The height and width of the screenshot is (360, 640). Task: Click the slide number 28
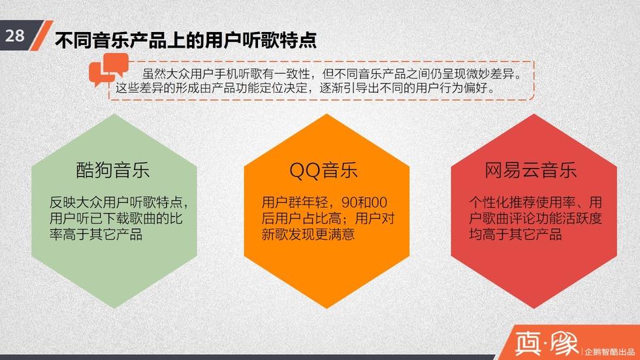pos(14,35)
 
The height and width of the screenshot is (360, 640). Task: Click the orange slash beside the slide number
pos(42,35)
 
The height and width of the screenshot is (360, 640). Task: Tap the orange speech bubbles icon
pos(108,69)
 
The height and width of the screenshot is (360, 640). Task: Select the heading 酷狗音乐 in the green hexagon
pos(112,170)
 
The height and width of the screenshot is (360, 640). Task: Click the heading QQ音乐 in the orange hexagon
pos(323,170)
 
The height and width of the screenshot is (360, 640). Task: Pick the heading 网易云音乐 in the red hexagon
pos(530,170)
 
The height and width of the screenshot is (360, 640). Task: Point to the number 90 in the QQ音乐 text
pos(350,203)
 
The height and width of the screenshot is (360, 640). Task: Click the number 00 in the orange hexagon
pos(379,203)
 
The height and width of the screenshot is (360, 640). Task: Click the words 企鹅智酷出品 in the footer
pos(609,352)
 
